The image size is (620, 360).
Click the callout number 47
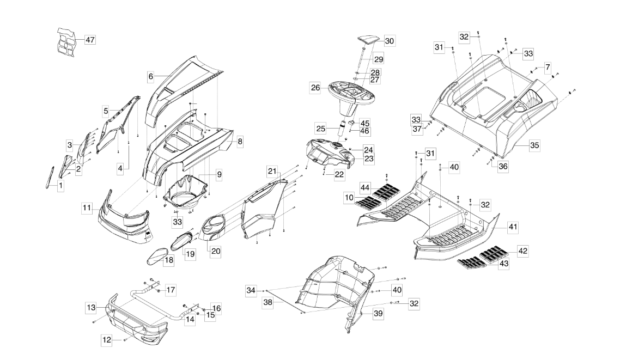89,40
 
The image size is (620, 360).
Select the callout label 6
150,77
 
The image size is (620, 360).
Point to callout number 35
534,145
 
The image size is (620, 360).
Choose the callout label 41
513,225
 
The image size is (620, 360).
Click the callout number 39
377,314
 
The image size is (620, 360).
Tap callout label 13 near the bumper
90,308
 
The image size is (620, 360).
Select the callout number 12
107,340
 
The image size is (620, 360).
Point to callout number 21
271,171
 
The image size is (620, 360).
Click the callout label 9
218,175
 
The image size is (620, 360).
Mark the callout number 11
87,208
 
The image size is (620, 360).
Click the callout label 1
60,186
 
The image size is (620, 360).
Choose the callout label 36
503,167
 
